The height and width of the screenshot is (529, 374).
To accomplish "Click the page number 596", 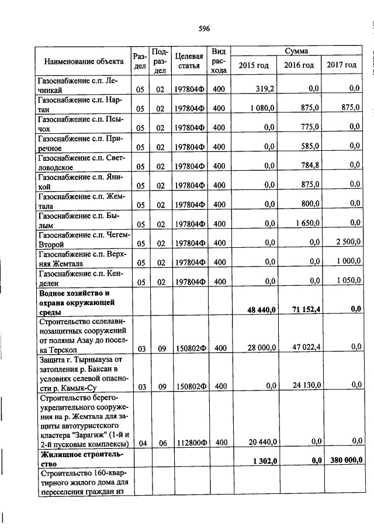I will tap(204, 28).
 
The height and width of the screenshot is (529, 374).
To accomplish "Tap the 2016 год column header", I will tap(299, 65).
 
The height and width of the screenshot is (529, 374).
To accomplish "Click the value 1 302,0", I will tap(264, 461).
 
